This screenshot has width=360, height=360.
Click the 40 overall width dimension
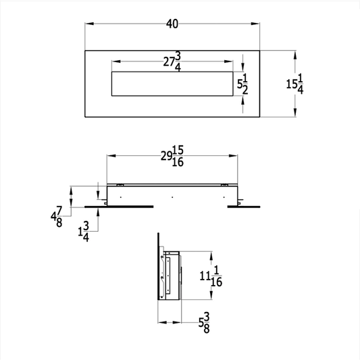click(172, 24)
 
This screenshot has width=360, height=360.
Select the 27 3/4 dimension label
click(172, 61)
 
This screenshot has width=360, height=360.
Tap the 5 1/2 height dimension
click(242, 84)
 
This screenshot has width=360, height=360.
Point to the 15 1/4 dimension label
click(294, 84)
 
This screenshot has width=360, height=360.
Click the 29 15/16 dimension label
click(172, 156)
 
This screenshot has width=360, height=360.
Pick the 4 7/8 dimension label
click(57, 217)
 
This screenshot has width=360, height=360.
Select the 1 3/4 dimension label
click(83, 232)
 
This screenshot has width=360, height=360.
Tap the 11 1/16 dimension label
click(211, 276)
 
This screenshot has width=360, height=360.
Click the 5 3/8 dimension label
click(204, 323)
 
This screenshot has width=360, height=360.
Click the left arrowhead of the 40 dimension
click(89, 24)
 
